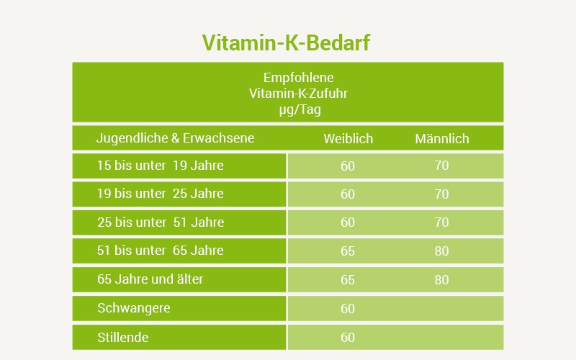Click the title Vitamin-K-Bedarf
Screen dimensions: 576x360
pos(286,42)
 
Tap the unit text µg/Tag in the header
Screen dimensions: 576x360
pos(300,109)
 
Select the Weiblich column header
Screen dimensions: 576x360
pos(348,138)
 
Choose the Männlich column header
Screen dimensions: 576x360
pos(442,138)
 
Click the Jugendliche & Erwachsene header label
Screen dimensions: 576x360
pos(175,138)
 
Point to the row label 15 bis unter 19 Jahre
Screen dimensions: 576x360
pos(160,166)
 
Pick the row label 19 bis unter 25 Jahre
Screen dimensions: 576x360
pos(160,194)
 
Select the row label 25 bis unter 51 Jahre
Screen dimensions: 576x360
pos(161,222)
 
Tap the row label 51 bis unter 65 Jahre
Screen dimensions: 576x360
pos(160,251)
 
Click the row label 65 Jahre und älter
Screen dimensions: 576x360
pos(150,279)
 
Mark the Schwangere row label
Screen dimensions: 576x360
pos(134,308)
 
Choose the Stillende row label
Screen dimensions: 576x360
pos(122,337)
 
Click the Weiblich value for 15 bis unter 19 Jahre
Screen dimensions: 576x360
pos(348,166)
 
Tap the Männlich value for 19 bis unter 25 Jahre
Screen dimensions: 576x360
pos(441,194)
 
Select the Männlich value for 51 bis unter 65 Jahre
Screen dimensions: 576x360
pos(441,251)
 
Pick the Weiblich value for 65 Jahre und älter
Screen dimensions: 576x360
pos(348,280)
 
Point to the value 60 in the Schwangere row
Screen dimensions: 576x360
pos(348,309)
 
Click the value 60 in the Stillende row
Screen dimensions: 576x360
pos(348,338)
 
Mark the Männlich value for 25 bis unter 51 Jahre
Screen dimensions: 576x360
pos(441,222)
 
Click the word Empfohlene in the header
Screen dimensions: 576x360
pos(298,78)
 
